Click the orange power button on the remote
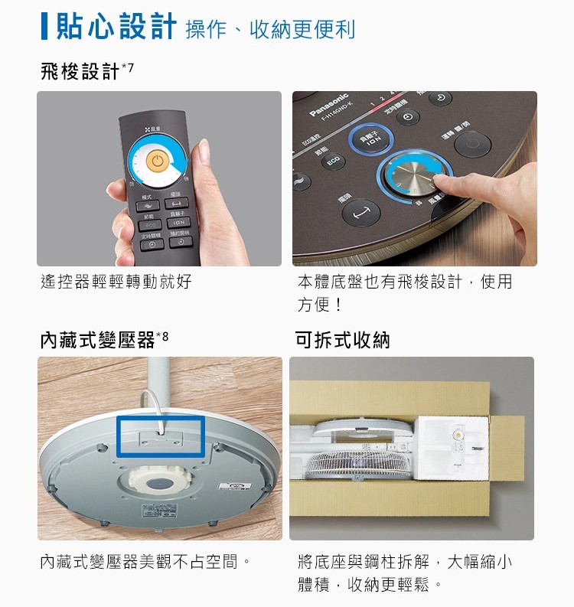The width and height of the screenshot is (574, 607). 155,162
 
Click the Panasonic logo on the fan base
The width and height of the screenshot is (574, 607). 328,106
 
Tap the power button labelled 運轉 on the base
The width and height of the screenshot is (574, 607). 472,143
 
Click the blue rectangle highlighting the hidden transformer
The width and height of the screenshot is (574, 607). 160,437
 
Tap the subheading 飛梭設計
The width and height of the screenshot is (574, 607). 80,72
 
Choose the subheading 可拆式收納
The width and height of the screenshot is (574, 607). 342,340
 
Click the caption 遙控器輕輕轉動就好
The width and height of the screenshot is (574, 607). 116,282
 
